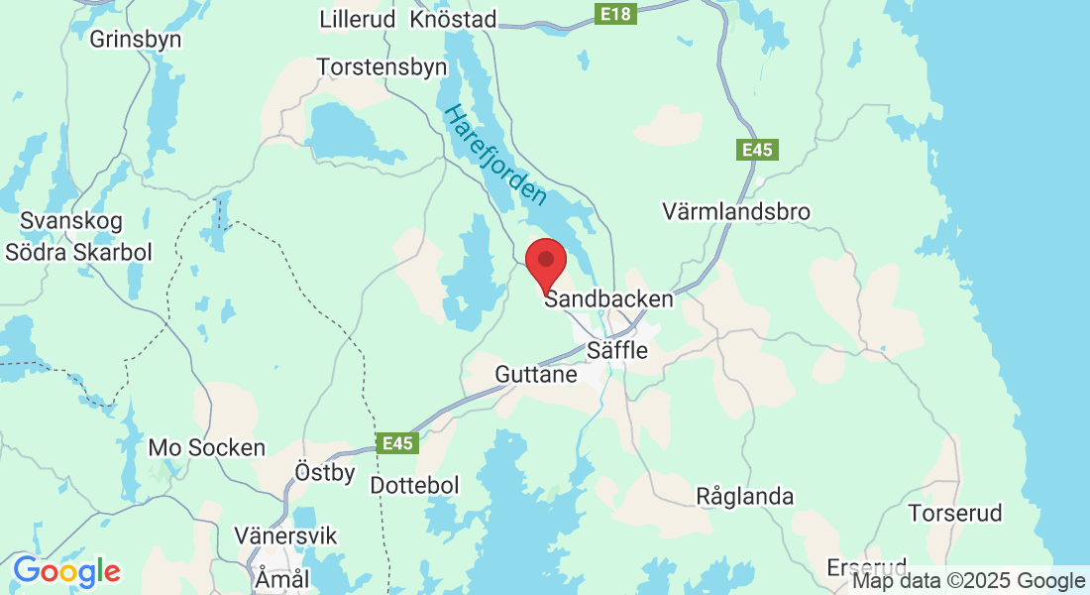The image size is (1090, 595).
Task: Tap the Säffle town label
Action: point(617,350)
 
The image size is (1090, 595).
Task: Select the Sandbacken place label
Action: point(608,298)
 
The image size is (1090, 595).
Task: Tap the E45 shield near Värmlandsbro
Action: point(758,150)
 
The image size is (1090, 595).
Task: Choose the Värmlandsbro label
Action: point(735,211)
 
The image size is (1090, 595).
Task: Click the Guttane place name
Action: point(536,375)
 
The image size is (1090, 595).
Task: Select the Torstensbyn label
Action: point(382,66)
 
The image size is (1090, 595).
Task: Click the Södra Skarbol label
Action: point(78,252)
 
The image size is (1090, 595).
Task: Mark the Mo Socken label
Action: point(206,447)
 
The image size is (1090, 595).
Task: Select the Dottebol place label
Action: point(414,486)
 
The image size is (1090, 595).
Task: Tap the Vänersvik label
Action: point(285,536)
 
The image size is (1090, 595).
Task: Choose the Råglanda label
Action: point(745,496)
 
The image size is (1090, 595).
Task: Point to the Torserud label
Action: point(955,514)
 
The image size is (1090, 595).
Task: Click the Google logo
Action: point(66,571)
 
